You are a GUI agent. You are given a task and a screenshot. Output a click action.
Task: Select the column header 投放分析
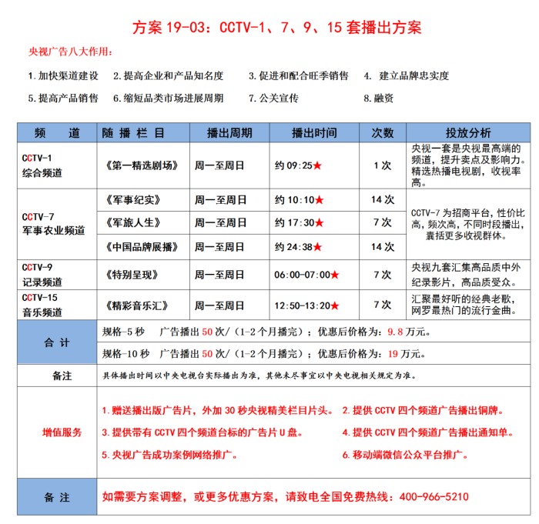click(x=467, y=132)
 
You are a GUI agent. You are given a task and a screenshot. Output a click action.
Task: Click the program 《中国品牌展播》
click(x=140, y=247)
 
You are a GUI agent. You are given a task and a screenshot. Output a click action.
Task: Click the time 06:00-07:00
click(x=303, y=275)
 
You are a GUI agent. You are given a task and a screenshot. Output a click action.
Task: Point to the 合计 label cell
click(x=56, y=342)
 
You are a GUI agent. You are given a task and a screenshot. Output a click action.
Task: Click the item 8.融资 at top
click(x=379, y=98)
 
